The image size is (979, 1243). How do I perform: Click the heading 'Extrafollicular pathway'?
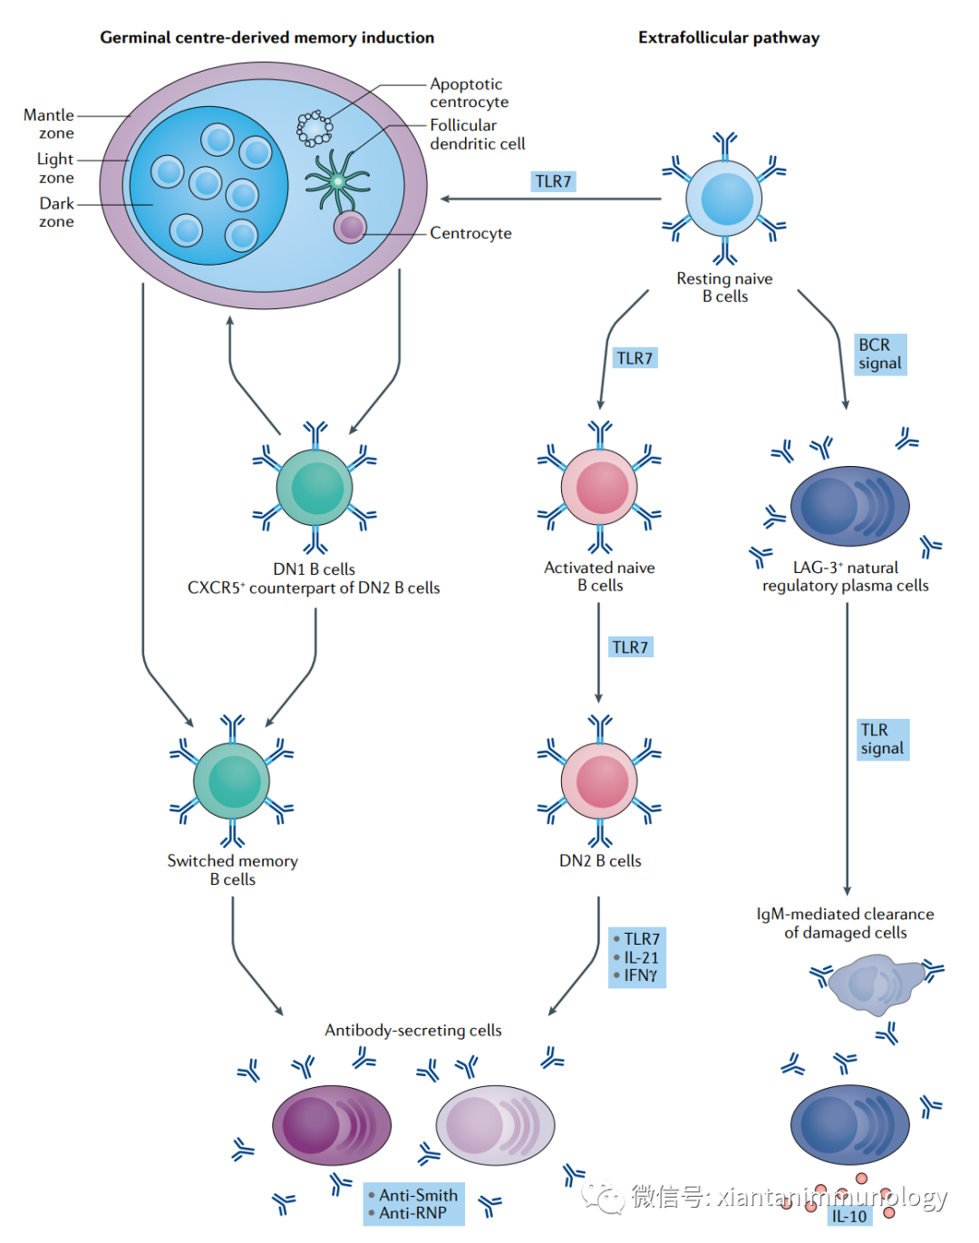729,37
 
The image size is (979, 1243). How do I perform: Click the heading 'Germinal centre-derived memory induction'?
267,37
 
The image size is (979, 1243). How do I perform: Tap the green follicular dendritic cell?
337,181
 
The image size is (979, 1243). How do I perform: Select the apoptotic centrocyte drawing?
315,129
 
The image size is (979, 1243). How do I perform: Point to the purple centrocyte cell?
350,227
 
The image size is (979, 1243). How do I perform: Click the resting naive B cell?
725,199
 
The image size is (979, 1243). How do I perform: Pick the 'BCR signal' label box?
879,354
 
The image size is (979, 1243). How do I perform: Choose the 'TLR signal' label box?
882,739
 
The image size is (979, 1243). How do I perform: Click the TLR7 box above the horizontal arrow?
553,181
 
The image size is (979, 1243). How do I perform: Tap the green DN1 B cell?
315,488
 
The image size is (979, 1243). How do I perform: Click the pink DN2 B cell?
599,781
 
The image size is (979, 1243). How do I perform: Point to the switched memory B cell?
232,781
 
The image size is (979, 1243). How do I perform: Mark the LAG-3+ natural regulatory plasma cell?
849,506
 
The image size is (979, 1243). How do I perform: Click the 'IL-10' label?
849,1216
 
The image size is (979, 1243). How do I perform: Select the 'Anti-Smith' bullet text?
418,1195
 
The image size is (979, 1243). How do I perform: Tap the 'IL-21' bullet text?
641,957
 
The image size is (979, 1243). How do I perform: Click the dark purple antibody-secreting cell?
332,1125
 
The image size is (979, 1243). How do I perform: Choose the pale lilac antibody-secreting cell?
495,1125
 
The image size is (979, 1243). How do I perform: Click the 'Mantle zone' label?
50,124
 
